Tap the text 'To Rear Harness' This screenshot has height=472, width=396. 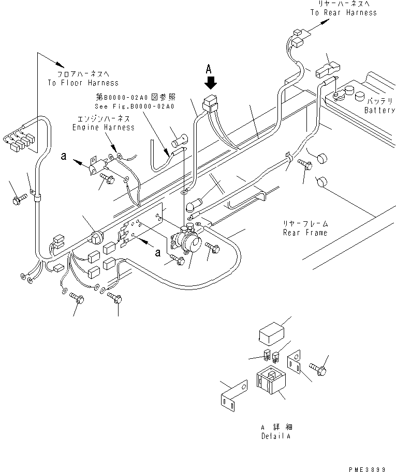(343, 12)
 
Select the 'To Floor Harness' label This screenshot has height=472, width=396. (83, 83)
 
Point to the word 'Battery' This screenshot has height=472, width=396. (379, 110)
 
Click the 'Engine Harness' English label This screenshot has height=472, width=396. (103, 127)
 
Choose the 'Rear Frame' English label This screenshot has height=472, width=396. (305, 233)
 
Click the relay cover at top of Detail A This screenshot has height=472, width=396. (272, 332)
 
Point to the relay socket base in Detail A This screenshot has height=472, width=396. (270, 385)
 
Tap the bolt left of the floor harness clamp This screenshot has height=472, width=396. (19, 197)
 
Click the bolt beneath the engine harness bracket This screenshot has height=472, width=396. (108, 178)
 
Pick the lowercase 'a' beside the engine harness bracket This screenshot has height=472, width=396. (64, 155)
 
